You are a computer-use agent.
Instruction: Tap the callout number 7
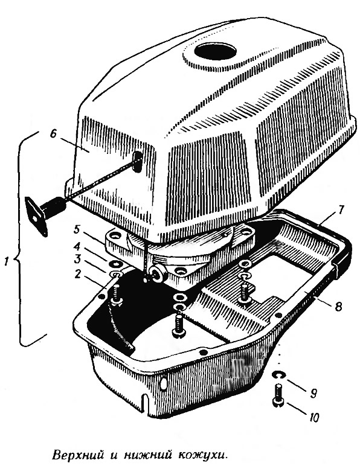pos(341,210)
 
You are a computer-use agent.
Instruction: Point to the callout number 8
pos(338,306)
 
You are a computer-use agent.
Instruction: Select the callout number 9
pos(313,393)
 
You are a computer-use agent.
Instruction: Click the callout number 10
pos(313,417)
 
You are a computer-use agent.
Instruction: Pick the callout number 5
pos(77,229)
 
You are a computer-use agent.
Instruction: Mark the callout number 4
pos(77,247)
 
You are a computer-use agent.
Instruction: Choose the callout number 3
pos(77,259)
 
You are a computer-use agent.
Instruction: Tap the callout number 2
pos(77,274)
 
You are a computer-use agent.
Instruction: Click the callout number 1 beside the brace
pos(7,262)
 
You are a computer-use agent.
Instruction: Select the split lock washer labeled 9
pos(278,375)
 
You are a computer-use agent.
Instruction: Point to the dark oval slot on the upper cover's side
pos(137,161)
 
